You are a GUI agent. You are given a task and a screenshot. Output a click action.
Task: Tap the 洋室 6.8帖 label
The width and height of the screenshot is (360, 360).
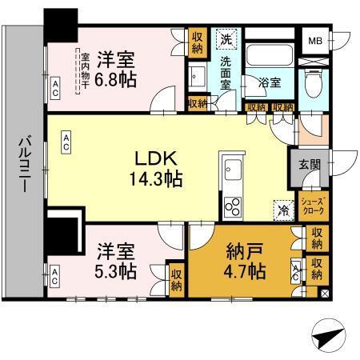pos(117,69)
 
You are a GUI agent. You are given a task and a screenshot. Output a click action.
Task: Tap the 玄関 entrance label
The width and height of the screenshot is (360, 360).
pos(310,166)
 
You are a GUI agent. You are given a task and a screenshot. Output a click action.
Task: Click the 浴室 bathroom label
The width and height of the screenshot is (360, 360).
pos(268,82)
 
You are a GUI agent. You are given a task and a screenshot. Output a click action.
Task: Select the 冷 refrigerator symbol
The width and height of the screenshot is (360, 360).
pos(282,210)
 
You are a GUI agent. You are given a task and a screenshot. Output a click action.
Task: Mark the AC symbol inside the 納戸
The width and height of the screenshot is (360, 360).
pos(296,272)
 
